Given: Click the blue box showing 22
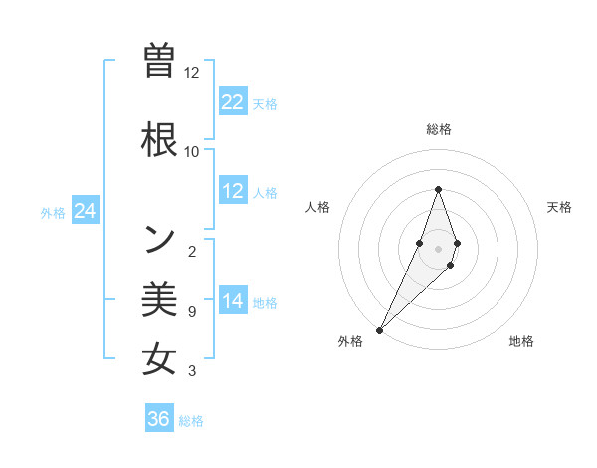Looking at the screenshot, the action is [x=233, y=101].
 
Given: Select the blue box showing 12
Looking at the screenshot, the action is [x=233, y=191].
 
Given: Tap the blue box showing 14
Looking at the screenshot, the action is [x=233, y=301].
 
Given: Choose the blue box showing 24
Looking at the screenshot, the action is [x=86, y=211].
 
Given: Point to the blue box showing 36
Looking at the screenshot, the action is [x=159, y=419].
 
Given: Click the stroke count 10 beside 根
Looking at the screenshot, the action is [x=191, y=152].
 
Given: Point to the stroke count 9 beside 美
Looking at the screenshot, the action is [x=191, y=312].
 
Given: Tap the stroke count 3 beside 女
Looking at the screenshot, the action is [x=191, y=372].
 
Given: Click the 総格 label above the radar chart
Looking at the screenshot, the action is [x=439, y=129].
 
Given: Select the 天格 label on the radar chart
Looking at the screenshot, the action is [x=560, y=207].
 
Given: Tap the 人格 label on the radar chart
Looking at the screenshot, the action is [x=317, y=207].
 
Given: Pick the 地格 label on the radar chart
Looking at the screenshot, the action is [x=521, y=341].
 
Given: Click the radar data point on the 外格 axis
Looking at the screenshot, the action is [x=379, y=329].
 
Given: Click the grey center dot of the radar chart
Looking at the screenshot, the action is [x=439, y=248].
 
